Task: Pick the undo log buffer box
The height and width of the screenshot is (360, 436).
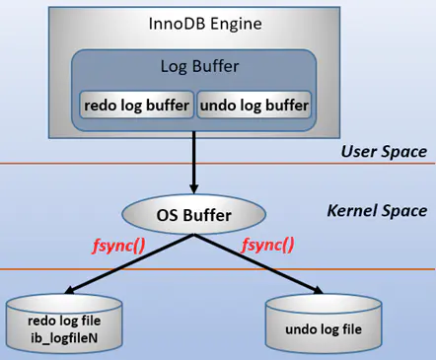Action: (x=254, y=104)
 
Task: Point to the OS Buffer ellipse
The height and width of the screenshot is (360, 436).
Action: (x=193, y=212)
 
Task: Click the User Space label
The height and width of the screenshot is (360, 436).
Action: (x=383, y=151)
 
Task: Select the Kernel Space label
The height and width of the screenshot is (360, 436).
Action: (x=376, y=211)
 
